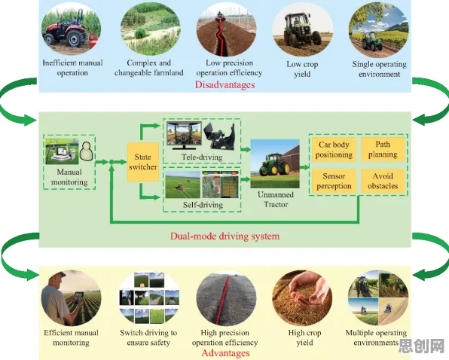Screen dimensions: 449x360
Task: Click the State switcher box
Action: [143, 162]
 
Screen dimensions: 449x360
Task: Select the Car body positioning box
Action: [334, 149]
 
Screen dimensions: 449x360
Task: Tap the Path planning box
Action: [383, 149]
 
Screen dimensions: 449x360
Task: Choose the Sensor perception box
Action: [334, 181]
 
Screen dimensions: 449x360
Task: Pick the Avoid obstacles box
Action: [383, 181]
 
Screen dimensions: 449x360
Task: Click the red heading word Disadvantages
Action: [225, 84]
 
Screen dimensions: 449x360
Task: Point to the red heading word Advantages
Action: [225, 353]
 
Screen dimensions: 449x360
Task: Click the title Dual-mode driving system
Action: [225, 236]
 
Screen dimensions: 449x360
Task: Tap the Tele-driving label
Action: [202, 157]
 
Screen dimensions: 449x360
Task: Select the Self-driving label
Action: [203, 205]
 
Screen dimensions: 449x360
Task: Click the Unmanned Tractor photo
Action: [275, 163]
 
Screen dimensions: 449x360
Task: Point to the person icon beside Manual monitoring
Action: [86, 151]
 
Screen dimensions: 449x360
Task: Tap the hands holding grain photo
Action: [302, 297]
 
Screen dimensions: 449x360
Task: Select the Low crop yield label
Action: [302, 69]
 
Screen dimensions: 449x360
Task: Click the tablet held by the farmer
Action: [78, 297]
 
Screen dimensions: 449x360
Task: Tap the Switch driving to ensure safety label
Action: [148, 337]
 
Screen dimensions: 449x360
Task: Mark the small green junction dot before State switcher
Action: [111, 162]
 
